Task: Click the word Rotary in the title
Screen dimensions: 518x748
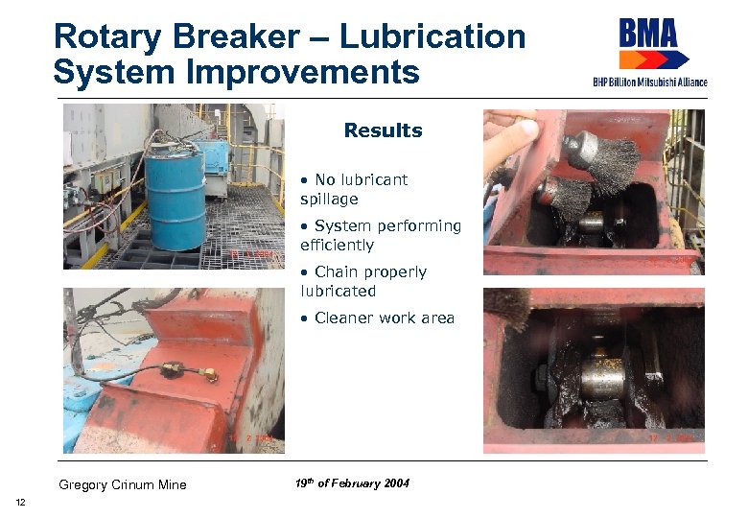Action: [x=106, y=36]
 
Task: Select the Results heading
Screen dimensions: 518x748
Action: [x=383, y=130]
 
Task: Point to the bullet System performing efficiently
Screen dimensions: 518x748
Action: [x=380, y=235]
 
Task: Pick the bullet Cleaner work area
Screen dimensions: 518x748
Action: [x=376, y=318]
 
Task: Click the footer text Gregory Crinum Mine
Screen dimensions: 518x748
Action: [x=122, y=484]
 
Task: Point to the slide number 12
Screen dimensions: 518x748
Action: [x=21, y=504]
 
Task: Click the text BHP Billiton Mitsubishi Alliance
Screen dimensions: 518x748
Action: [x=649, y=82]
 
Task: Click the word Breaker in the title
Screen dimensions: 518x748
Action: [x=234, y=36]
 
